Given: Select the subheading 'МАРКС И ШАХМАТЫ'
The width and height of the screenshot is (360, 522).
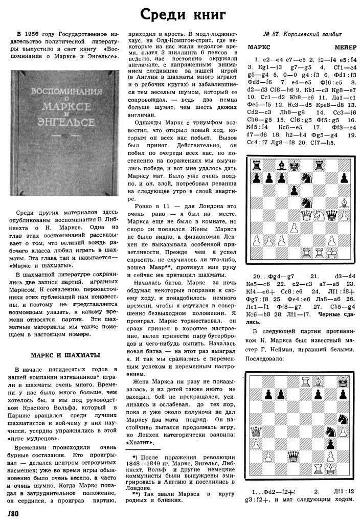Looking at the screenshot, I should (63, 355).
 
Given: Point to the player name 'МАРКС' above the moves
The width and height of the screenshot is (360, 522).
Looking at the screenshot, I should (259, 47).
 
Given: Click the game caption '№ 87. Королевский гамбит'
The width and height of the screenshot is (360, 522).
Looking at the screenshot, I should (299, 34).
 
